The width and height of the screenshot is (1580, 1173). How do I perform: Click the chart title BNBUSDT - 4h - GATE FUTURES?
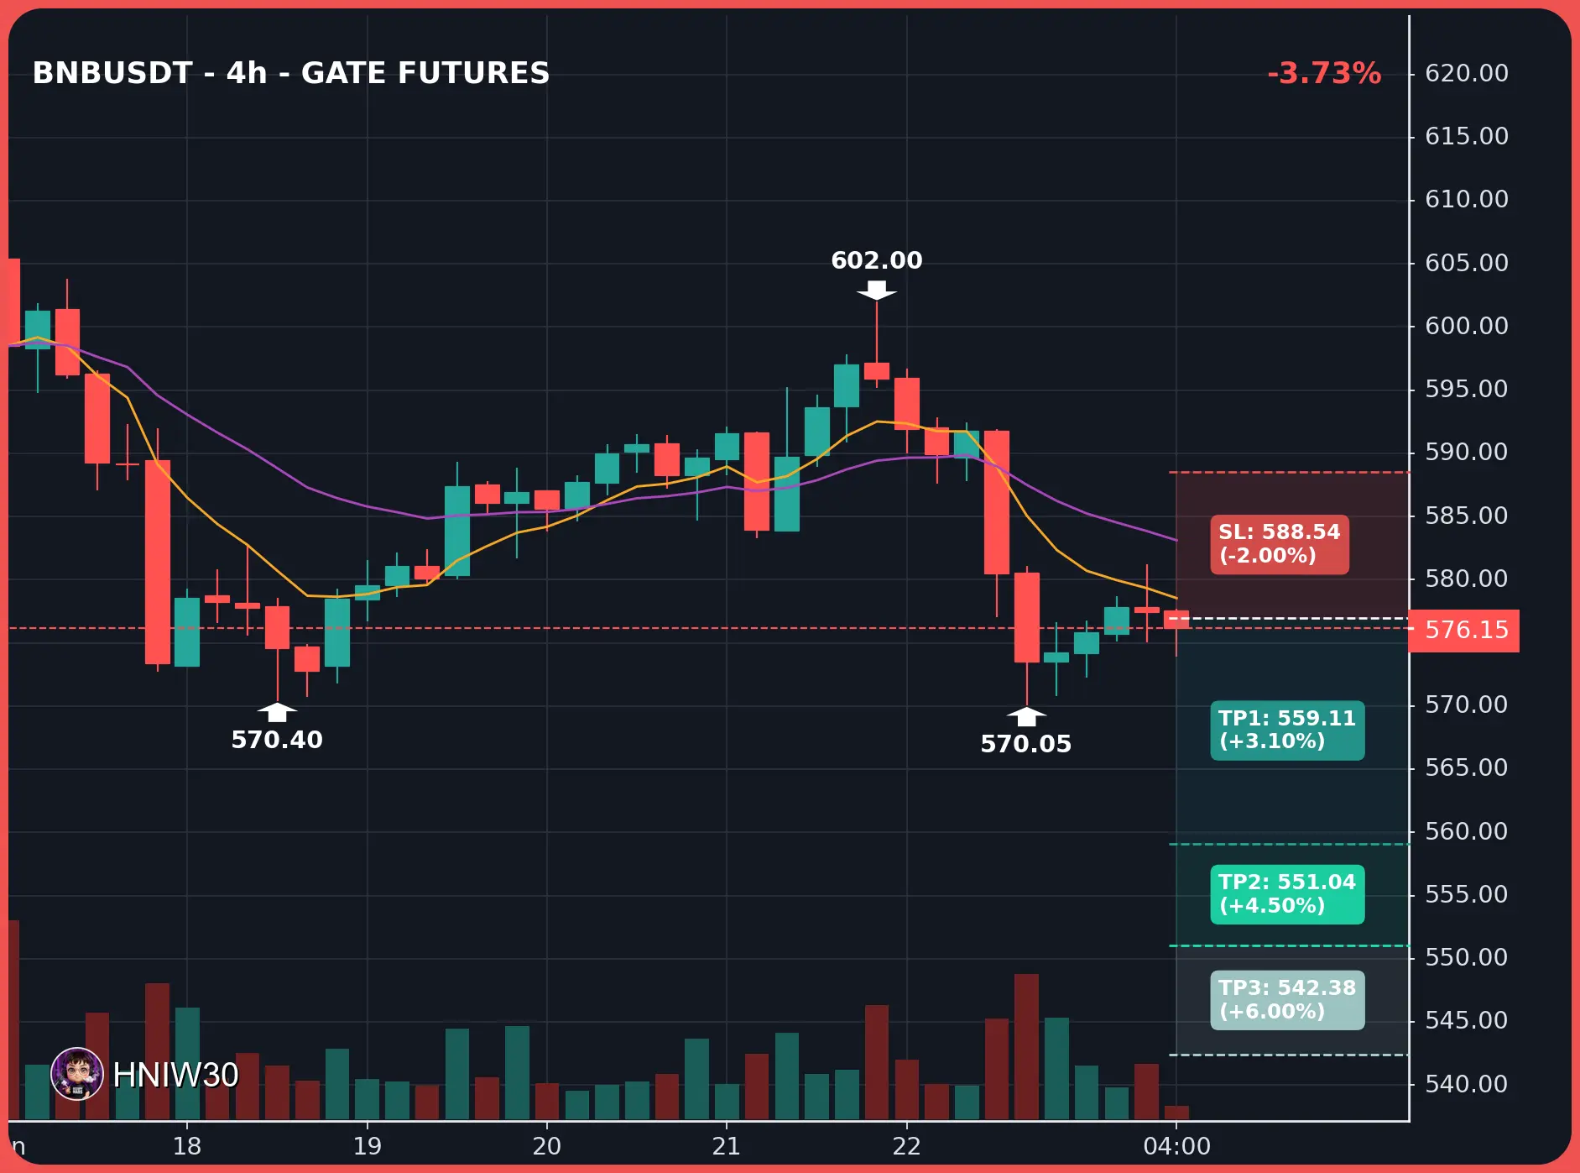[291, 73]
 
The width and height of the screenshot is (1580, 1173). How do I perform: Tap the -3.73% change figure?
[1324, 73]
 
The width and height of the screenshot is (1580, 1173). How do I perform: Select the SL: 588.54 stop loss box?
[1279, 544]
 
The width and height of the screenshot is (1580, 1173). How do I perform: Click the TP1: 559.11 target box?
[1287, 730]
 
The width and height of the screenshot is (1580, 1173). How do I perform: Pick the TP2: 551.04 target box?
[1287, 894]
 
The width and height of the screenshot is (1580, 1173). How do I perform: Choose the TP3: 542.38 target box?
[1287, 1000]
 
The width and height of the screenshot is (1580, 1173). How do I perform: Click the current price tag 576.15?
[1464, 630]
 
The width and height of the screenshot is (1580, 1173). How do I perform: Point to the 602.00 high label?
[877, 260]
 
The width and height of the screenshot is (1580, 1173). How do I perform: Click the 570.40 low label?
[277, 740]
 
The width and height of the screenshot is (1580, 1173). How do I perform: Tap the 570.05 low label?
[1026, 744]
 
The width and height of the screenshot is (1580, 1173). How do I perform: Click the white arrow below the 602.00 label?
[877, 291]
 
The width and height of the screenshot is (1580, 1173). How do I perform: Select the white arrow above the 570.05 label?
[1026, 716]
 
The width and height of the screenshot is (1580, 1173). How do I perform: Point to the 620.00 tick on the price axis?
[1466, 73]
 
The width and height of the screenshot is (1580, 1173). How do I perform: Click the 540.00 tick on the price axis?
[1466, 1084]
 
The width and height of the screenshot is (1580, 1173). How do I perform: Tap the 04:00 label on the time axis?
[1176, 1146]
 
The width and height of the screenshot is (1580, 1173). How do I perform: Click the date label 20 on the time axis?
[546, 1146]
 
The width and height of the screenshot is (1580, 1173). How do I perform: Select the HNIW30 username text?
[175, 1075]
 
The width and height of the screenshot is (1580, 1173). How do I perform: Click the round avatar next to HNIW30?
[77, 1074]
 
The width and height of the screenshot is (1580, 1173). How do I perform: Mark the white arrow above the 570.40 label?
[277, 712]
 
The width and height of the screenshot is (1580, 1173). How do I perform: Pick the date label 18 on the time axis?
[187, 1146]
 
